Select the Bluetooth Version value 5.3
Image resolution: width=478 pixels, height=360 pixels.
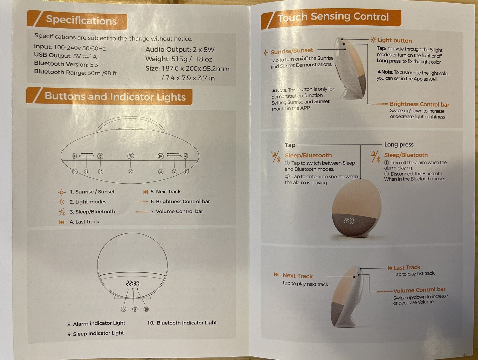94,65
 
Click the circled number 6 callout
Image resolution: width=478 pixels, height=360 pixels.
87,172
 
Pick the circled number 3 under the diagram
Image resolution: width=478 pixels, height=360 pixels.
130,172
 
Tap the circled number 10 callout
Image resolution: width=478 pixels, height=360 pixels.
146,309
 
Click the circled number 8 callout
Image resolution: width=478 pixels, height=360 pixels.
123,309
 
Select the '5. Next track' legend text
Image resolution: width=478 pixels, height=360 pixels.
166,192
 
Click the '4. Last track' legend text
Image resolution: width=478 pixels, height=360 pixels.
85,222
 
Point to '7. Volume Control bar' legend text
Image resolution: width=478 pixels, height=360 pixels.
177,211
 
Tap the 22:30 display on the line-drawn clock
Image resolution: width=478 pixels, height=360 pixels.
133,283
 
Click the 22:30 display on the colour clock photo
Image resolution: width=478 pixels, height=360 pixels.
349,221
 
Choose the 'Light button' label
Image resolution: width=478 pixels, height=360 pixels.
395,41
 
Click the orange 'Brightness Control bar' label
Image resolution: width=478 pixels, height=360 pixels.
419,104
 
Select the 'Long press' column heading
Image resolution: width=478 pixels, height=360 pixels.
399,145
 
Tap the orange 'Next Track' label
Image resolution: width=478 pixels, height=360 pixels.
298,276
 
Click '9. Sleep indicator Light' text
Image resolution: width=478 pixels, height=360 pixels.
96,333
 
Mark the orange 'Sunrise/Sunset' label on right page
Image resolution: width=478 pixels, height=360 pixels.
292,51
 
